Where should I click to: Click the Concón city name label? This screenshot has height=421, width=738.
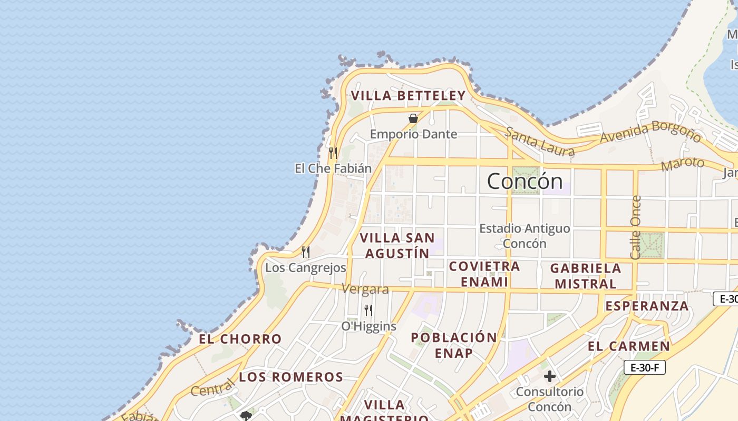tap(525, 182)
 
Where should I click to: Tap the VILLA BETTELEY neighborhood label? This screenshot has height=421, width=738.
tap(408, 96)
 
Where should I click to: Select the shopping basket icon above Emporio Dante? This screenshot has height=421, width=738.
tap(413, 118)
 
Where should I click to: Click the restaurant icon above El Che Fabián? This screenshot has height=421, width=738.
tap(333, 153)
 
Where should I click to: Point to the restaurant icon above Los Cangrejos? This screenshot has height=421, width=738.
tap(305, 252)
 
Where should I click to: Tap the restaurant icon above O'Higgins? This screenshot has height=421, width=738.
tap(368, 310)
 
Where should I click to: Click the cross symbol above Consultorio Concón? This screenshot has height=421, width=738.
tap(550, 376)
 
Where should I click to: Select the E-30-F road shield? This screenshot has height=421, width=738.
tap(644, 367)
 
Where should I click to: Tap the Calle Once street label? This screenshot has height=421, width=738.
tap(636, 227)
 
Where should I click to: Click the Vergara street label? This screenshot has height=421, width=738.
tap(365, 289)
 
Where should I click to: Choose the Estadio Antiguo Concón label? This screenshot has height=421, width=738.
tap(525, 236)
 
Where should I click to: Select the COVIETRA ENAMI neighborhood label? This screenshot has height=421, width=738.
tap(484, 274)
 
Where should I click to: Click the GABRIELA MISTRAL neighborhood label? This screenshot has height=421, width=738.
tap(586, 276)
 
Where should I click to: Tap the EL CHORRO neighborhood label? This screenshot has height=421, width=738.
tap(240, 339)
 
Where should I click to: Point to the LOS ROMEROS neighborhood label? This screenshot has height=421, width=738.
tap(291, 377)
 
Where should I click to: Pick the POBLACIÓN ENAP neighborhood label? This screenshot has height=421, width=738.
tap(454, 345)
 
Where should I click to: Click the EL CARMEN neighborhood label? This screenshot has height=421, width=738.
tap(629, 346)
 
